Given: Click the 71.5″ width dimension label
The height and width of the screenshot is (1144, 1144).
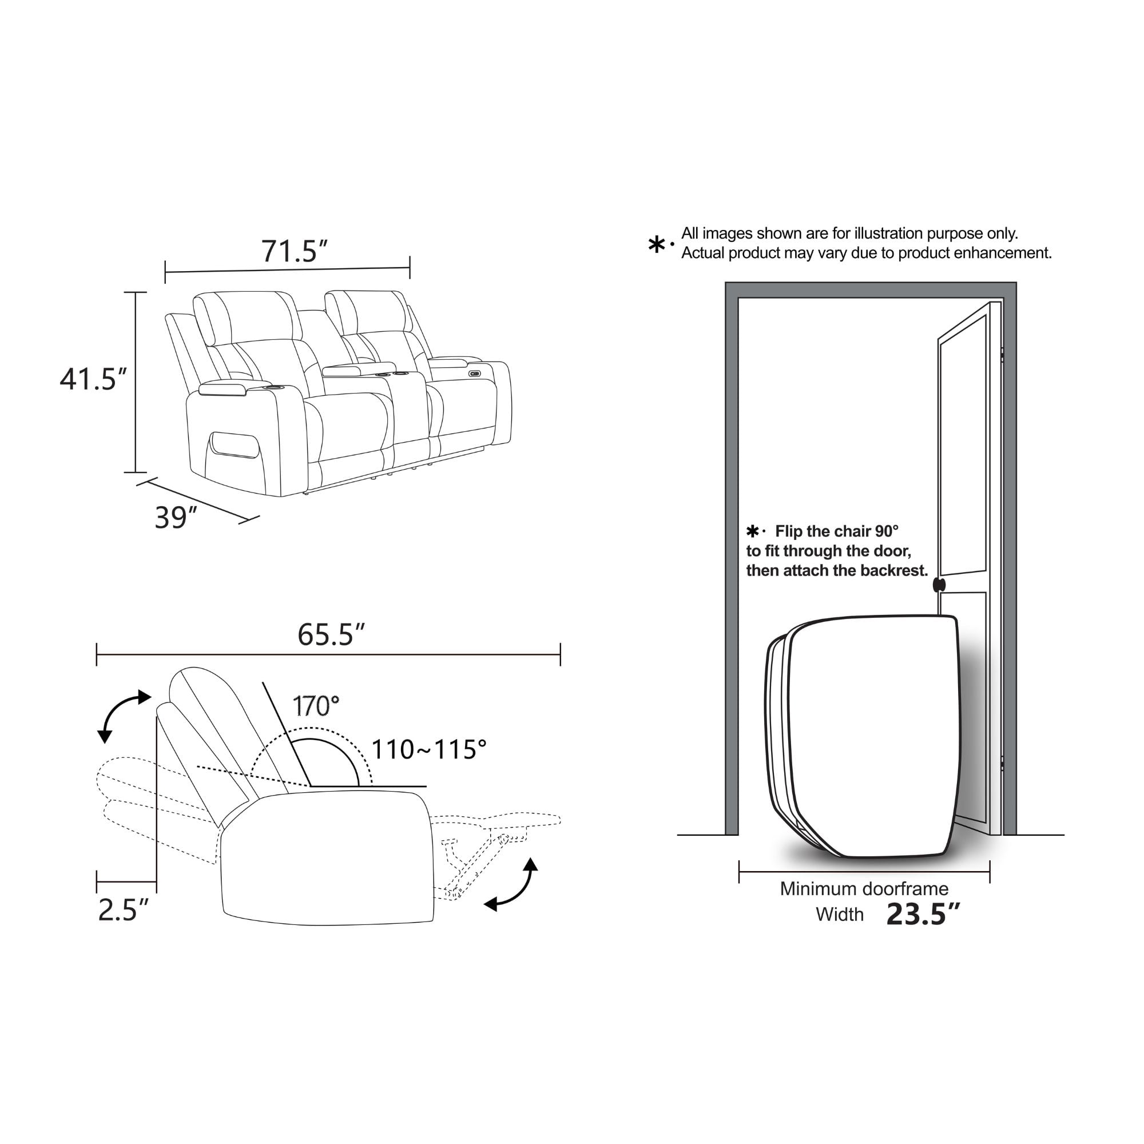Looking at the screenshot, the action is pyautogui.click(x=294, y=252).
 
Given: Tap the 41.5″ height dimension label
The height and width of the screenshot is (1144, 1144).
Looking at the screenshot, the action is pyautogui.click(x=94, y=379).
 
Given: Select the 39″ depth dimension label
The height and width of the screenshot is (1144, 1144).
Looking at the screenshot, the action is pyautogui.click(x=175, y=518).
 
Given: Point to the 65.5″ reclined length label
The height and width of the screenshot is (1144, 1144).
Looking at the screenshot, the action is pyautogui.click(x=331, y=635).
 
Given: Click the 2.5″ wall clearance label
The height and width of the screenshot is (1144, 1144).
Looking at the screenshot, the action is pyautogui.click(x=123, y=910).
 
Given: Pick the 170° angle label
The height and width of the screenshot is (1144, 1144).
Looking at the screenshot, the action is pyautogui.click(x=316, y=706).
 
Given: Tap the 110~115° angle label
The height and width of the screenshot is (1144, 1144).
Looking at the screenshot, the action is pyautogui.click(x=428, y=750).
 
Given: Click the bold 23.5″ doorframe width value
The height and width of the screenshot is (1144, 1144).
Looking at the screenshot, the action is pyautogui.click(x=923, y=913).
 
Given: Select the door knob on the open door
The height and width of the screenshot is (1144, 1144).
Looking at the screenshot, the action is pyautogui.click(x=939, y=585).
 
